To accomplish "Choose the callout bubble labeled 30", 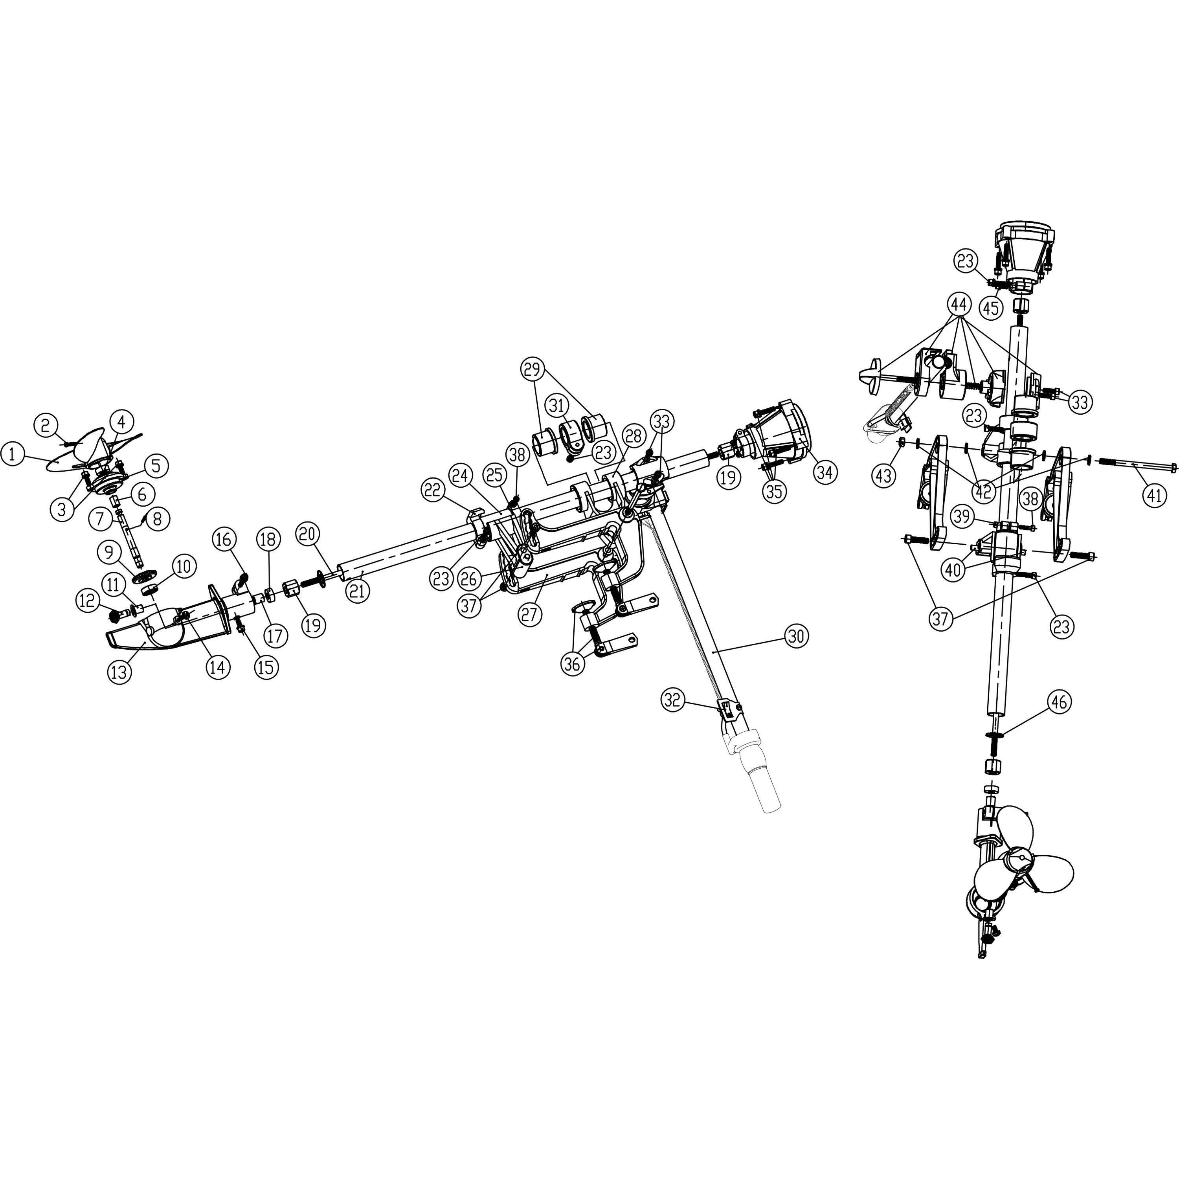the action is pos(796,637).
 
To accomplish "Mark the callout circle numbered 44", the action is pos(959,303).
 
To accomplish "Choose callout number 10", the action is pos(184,566).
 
